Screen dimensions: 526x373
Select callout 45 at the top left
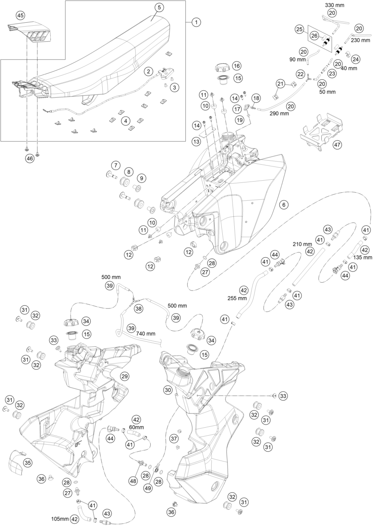tap(20, 15)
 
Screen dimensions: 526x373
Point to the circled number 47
tap(337, 144)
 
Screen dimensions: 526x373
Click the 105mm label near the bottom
tap(60, 519)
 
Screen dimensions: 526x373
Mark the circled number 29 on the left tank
tap(124, 376)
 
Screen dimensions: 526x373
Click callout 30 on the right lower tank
tap(168, 390)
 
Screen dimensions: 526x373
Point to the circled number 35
tap(28, 463)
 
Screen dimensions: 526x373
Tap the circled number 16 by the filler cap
tap(236, 66)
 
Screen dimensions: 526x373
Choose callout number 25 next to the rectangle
tap(300, 30)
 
